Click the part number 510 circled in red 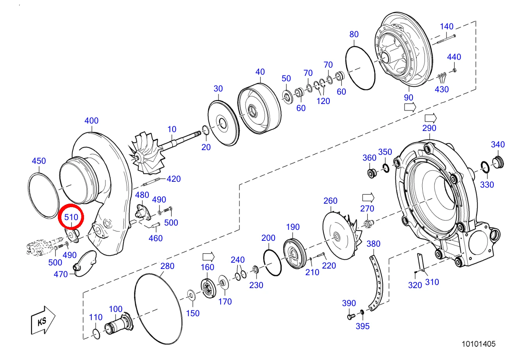click(71, 217)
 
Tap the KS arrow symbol click(43, 320)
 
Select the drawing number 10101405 click(479, 344)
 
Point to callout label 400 click(91, 120)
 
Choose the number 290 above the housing click(429, 128)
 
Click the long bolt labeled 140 click(446, 39)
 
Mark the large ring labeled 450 click(30, 197)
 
